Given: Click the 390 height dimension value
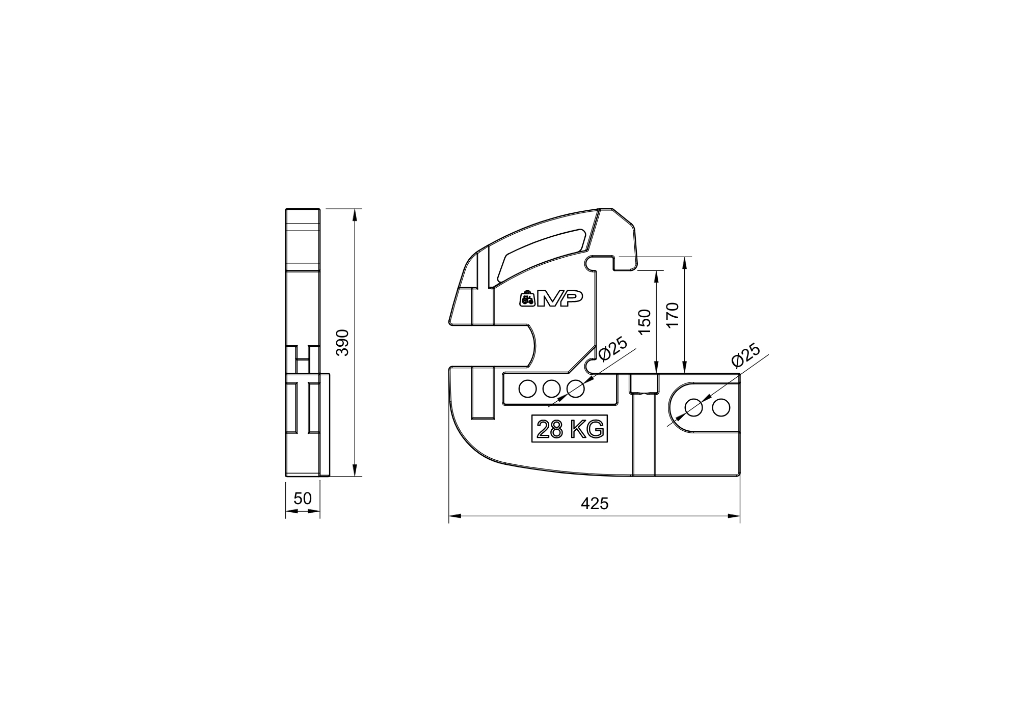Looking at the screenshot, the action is tap(343, 342).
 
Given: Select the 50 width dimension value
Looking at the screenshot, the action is tap(303, 499).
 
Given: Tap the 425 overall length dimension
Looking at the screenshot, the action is tap(595, 504).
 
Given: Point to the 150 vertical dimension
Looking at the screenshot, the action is tap(645, 321).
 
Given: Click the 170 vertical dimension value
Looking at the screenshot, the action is tap(673, 315).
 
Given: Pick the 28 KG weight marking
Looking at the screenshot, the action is tap(570, 430).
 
